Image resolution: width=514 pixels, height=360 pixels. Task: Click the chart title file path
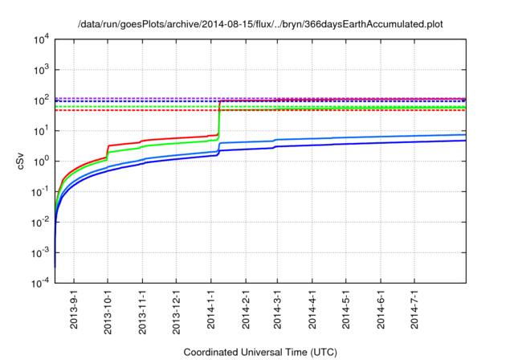coord(260,24)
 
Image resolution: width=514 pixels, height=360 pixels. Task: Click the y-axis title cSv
coord(21,161)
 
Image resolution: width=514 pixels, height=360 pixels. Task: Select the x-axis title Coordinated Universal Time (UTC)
coord(260,352)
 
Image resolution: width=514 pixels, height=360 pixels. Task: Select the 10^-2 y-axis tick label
coord(40,222)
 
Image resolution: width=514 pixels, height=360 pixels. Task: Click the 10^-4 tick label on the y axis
coord(40,283)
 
